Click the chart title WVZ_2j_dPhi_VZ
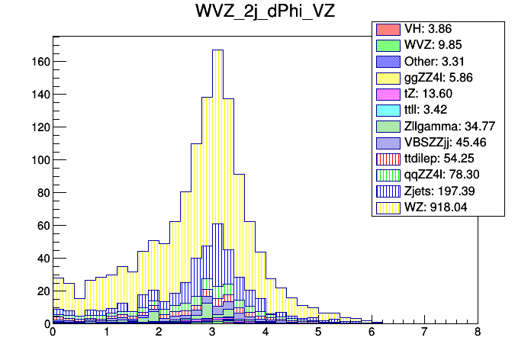click(x=265, y=12)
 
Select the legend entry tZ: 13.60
click(x=438, y=93)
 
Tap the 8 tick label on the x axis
click(x=478, y=333)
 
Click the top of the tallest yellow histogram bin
click(x=217, y=50)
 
